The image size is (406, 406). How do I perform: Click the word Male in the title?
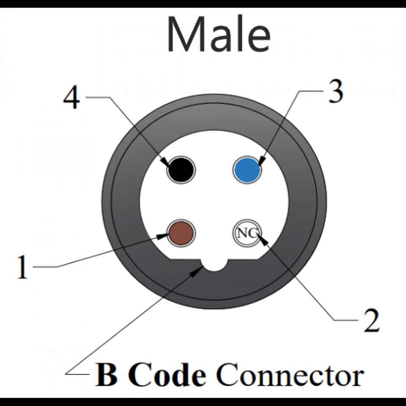tap(219, 34)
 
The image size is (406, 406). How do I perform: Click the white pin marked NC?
tap(247, 233)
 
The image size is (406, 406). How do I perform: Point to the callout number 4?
tap(71, 99)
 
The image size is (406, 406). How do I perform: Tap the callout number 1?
tap(22, 267)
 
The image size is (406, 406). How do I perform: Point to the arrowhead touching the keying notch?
tap(196, 271)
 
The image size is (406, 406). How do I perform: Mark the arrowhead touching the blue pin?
tap(260, 162)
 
